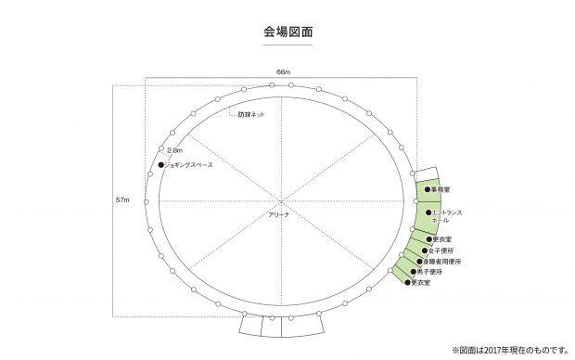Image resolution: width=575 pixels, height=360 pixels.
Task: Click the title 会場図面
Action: click(287, 32)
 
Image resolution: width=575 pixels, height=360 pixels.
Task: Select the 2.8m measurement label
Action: click(174, 149)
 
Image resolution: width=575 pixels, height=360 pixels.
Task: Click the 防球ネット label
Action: click(251, 114)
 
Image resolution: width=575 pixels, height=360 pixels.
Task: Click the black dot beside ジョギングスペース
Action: click(160, 165)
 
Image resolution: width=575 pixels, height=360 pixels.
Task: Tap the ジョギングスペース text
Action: click(189, 165)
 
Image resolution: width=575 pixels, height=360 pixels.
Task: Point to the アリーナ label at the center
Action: click(279, 214)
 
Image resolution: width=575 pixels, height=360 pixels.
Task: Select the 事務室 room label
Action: click(441, 189)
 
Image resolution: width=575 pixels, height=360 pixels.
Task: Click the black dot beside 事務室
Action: click(428, 189)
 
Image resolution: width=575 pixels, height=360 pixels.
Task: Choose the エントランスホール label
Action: click(447, 216)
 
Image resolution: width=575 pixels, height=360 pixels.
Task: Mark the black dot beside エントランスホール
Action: click(428, 212)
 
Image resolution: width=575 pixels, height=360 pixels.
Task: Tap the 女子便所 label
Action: click(442, 251)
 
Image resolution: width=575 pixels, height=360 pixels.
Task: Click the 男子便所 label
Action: click(431, 272)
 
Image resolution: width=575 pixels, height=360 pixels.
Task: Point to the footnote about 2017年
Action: click(509, 350)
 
